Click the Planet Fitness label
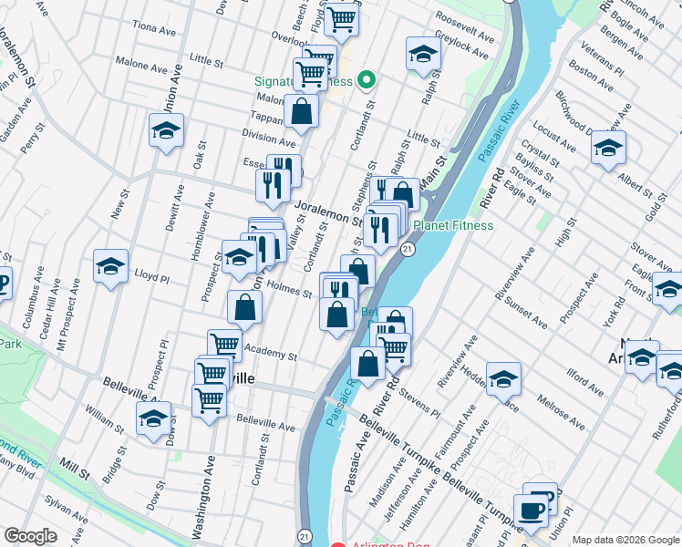(x=453, y=225)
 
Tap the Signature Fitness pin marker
(x=367, y=81)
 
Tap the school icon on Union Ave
(x=166, y=132)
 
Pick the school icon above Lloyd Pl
(x=110, y=266)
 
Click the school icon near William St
(x=153, y=419)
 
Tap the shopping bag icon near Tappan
(x=301, y=112)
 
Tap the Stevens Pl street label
(x=418, y=406)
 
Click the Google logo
(x=30, y=536)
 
